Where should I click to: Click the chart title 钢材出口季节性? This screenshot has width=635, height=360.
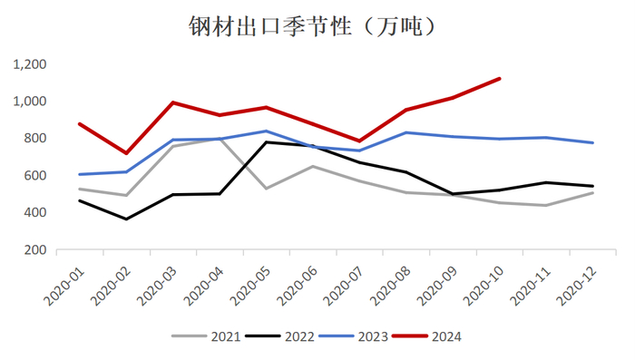pyautogui.click(x=317, y=25)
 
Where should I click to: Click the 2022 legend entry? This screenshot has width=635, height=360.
pyautogui.click(x=298, y=336)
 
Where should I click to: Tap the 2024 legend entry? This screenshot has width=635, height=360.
pyautogui.click(x=445, y=336)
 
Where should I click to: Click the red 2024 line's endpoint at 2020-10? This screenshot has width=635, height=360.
pyautogui.click(x=500, y=78)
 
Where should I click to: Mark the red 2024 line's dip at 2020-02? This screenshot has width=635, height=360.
pyautogui.click(x=126, y=153)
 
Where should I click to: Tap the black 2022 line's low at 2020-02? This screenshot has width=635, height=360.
pyautogui.click(x=126, y=219)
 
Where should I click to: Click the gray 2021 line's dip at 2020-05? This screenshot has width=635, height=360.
pyautogui.click(x=266, y=189)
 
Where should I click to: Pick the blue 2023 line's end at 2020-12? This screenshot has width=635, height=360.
pyautogui.click(x=593, y=142)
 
